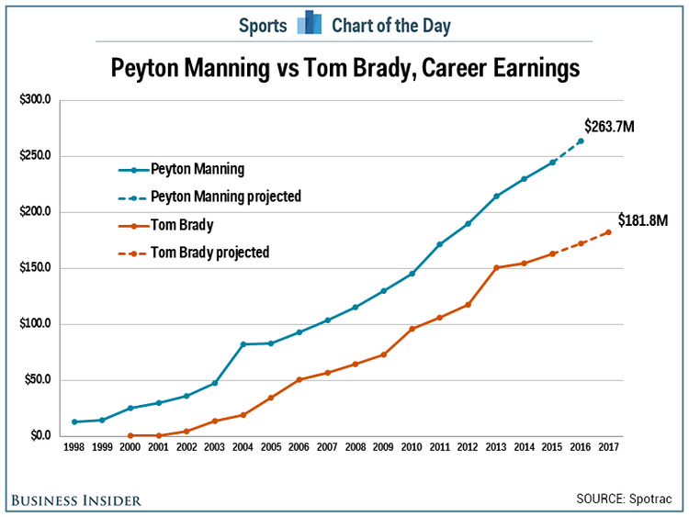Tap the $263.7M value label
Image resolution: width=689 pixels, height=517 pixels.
[609, 126]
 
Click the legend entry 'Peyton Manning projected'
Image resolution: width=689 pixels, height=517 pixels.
[225, 197]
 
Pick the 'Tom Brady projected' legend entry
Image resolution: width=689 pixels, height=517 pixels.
[209, 252]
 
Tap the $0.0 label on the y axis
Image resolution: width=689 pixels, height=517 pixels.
[38, 436]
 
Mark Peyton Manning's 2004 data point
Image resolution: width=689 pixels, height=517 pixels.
[243, 344]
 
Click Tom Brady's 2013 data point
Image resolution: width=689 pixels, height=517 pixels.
[496, 267]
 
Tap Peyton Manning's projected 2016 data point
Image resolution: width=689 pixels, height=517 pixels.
[581, 140]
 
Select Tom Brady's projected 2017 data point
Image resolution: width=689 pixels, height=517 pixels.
[608, 232]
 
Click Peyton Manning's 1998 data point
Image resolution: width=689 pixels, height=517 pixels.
[73, 421]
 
